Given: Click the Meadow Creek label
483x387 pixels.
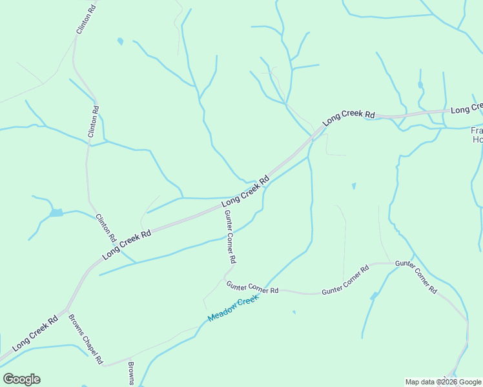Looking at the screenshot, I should pos(233,310).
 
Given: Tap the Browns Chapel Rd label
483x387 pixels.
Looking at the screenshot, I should pos(86,339).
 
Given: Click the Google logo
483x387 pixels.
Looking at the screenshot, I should pos(21,379).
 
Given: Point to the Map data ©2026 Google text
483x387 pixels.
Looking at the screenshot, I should pos(444,382).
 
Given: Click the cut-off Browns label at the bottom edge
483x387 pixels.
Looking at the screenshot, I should pos(131,373).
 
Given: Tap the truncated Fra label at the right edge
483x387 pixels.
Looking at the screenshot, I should pos(477,134).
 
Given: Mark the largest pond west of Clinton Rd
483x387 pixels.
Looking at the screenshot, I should pos(56,212).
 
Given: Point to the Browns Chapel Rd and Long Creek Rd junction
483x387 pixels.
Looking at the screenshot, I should pos(67,310).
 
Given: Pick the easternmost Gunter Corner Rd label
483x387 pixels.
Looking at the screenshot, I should pos(416,277).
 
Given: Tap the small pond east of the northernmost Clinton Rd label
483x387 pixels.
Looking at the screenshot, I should pos(120,41).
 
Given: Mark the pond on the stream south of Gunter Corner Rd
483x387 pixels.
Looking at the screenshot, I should pos(375,296).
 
